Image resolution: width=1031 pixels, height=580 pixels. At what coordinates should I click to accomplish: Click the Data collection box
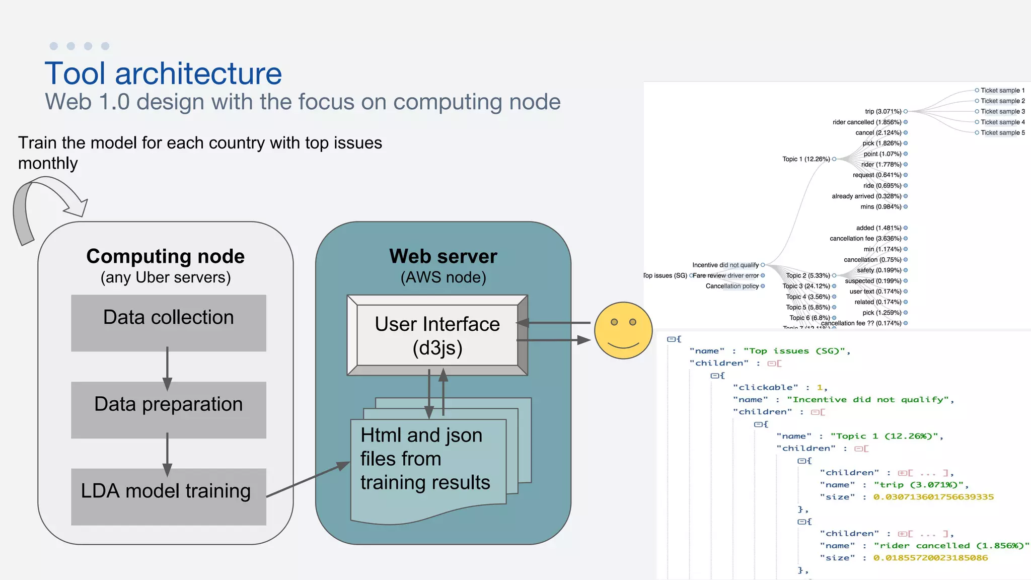pos(168,323)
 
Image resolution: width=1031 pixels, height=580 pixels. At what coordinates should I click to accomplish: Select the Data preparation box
pos(168,409)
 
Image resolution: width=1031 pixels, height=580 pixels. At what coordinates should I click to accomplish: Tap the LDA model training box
pos(168,496)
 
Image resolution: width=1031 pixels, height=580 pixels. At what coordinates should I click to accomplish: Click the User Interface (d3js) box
pos(437,335)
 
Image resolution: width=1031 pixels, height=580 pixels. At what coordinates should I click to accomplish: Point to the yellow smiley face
pos(623,330)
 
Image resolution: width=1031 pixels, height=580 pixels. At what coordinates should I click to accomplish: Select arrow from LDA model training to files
pos(308,480)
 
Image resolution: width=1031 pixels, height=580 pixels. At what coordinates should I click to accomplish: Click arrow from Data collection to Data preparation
pos(167,368)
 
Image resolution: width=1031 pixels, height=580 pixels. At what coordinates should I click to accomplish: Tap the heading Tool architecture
pos(163,74)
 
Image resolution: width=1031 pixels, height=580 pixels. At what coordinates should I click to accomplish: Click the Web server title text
pos(443,256)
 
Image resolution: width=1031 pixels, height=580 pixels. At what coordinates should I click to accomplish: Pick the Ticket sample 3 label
pos(1002,111)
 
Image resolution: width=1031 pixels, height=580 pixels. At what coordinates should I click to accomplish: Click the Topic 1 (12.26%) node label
pos(806,159)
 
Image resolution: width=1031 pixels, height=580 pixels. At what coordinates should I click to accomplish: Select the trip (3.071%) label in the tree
pos(883,111)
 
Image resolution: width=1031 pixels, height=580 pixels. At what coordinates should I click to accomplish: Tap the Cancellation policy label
pos(732,286)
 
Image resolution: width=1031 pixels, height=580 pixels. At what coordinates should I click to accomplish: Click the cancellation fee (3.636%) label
pos(865,239)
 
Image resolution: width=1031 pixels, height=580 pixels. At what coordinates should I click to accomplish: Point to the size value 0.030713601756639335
pos(933,497)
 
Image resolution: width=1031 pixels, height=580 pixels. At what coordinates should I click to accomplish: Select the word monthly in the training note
pos(48,163)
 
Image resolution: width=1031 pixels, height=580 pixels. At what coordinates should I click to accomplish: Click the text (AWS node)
pos(443,277)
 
